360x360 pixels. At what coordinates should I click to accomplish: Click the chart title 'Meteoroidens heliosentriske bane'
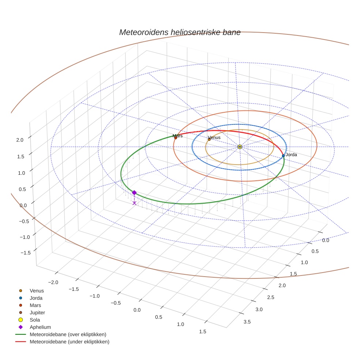180,32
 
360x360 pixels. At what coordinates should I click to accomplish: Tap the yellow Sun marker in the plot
240,147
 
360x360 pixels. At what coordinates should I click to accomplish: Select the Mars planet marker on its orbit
176,138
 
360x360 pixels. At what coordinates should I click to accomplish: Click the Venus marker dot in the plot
209,139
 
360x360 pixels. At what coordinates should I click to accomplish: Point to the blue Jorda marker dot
283,156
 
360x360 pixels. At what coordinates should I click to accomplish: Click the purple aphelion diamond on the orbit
134,193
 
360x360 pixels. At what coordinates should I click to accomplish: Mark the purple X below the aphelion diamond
134,203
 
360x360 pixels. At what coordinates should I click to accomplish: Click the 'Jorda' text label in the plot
291,155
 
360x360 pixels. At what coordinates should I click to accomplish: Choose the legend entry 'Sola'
35,320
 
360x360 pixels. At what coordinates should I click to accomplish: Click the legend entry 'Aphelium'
40,327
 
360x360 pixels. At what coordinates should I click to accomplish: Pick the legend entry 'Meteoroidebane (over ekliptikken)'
68,334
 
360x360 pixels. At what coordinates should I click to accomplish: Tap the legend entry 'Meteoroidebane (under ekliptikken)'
70,342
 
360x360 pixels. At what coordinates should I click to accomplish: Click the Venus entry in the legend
37,291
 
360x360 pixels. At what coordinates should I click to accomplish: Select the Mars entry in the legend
35,305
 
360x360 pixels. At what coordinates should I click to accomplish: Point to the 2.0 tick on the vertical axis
20,140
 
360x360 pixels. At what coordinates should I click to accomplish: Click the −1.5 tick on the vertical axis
18,253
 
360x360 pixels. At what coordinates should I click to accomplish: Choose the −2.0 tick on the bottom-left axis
53,282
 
